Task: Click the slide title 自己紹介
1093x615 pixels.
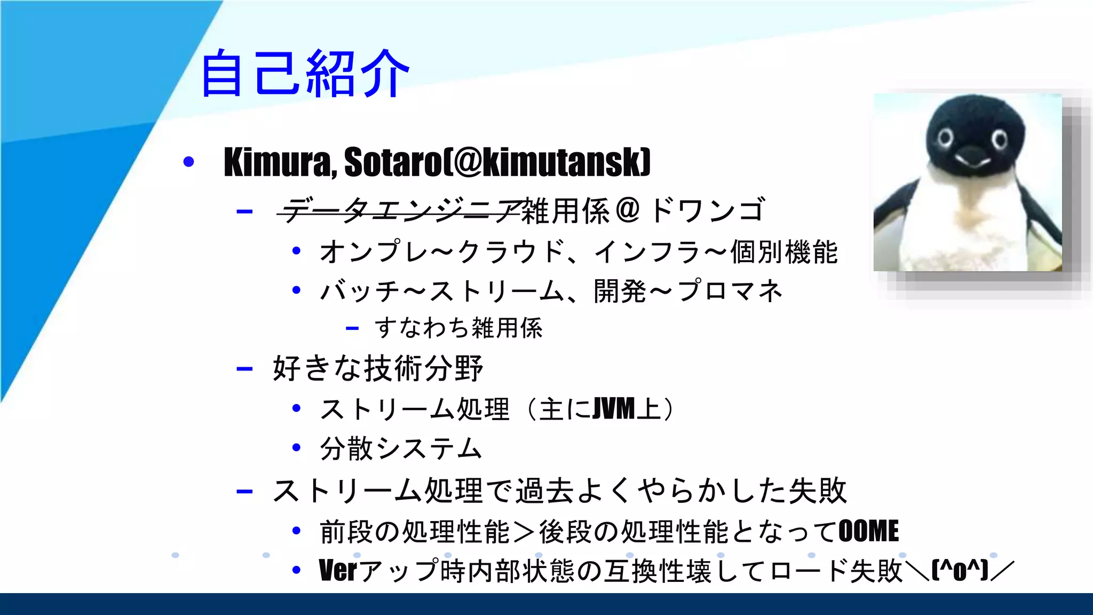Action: tap(304, 73)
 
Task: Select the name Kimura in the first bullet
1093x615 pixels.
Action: tap(277, 162)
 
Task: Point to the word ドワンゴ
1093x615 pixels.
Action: tap(708, 210)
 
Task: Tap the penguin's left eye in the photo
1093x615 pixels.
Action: tap(945, 138)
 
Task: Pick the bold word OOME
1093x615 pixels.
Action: tap(868, 531)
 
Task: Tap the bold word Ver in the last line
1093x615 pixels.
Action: tap(337, 570)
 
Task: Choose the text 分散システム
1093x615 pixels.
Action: tap(401, 448)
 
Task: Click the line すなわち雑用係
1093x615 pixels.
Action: tap(458, 328)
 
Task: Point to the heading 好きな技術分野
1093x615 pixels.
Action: tap(378, 368)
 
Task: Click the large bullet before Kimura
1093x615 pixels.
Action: tap(188, 161)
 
